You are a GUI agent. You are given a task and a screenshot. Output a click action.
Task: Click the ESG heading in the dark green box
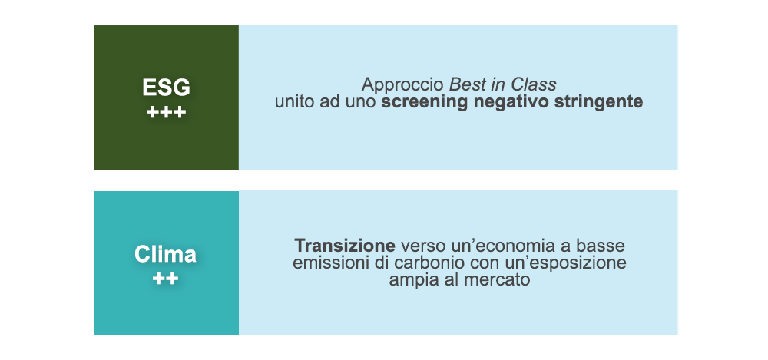click(x=166, y=88)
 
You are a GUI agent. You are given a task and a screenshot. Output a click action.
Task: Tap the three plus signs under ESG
click(x=166, y=113)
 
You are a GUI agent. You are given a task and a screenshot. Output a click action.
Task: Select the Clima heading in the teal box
click(x=166, y=254)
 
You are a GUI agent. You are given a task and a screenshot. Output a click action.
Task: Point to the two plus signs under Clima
click(x=166, y=279)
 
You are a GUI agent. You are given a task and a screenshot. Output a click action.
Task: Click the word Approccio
click(x=404, y=85)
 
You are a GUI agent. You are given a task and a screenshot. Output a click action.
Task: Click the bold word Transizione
click(x=345, y=245)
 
